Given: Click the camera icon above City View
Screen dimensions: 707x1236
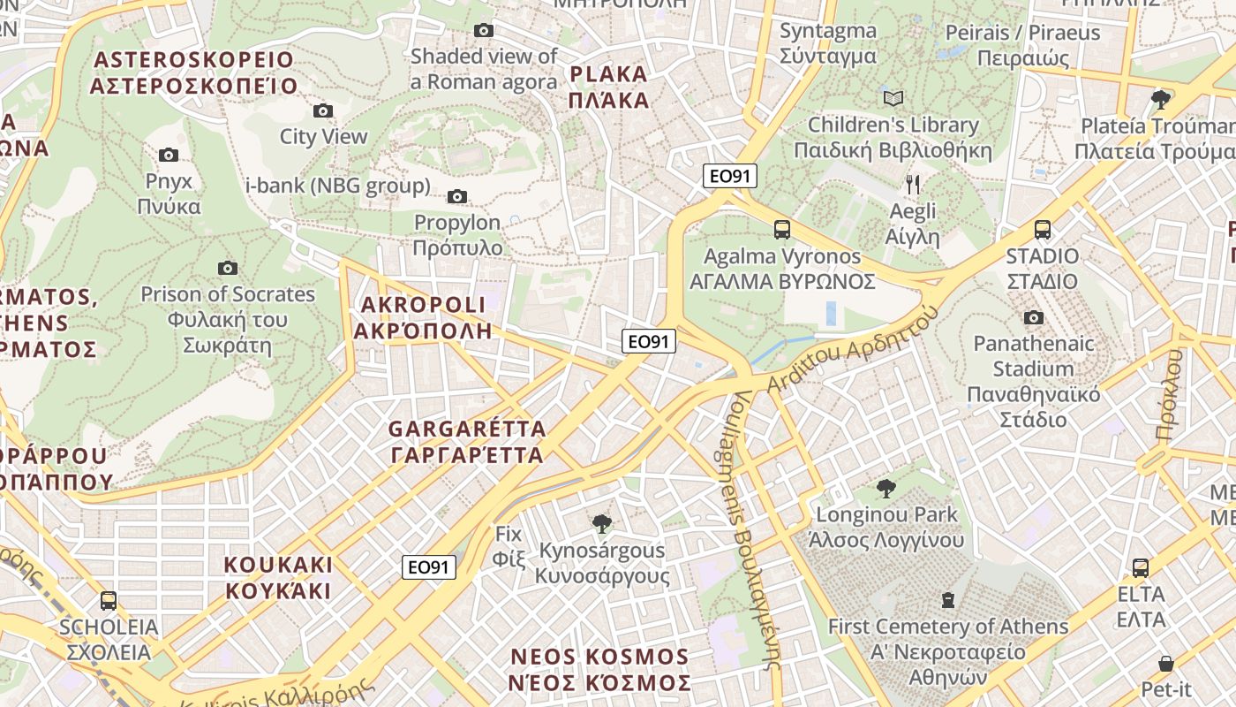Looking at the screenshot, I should (x=323, y=110).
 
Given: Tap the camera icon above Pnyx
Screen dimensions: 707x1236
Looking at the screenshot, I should (x=168, y=156).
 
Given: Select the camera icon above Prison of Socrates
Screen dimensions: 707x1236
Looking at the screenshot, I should (x=227, y=268).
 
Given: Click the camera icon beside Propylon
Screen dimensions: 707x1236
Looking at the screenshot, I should (x=457, y=196).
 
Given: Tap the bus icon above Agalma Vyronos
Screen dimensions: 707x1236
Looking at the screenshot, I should (x=781, y=230).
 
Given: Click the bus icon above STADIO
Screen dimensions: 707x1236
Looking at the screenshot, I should (x=1042, y=230).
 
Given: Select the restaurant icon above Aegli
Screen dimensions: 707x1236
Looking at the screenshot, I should (x=913, y=185).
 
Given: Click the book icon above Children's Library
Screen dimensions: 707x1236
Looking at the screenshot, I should (x=893, y=98).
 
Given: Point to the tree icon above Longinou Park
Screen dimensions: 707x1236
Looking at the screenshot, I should (x=886, y=488).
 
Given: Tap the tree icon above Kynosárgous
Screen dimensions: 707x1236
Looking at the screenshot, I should (x=602, y=524).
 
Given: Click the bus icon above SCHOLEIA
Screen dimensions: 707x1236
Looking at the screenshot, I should (x=109, y=601).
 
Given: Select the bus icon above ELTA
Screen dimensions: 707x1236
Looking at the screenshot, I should (x=1141, y=567).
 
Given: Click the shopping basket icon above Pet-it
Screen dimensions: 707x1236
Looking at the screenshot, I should (x=1165, y=663).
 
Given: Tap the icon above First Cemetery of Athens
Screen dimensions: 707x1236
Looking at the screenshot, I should (x=948, y=601).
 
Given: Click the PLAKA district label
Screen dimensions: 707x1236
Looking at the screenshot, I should (x=609, y=87).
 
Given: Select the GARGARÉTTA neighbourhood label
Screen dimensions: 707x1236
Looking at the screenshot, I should (x=467, y=442).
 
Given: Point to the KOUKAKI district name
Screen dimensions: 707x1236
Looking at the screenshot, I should (x=278, y=577).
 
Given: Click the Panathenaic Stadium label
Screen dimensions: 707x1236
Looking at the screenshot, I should (x=1034, y=381).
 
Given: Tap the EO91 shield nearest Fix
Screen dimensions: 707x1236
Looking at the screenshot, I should (x=429, y=567).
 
